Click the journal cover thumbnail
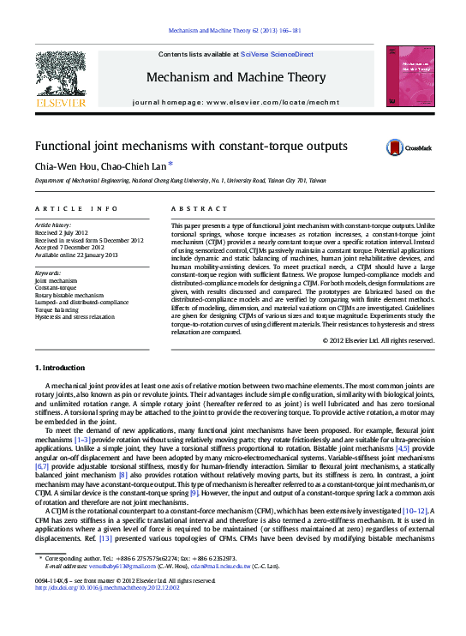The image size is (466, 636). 404,76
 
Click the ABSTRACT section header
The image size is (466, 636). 195,209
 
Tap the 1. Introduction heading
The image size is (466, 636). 61,368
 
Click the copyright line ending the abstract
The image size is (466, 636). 378,340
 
